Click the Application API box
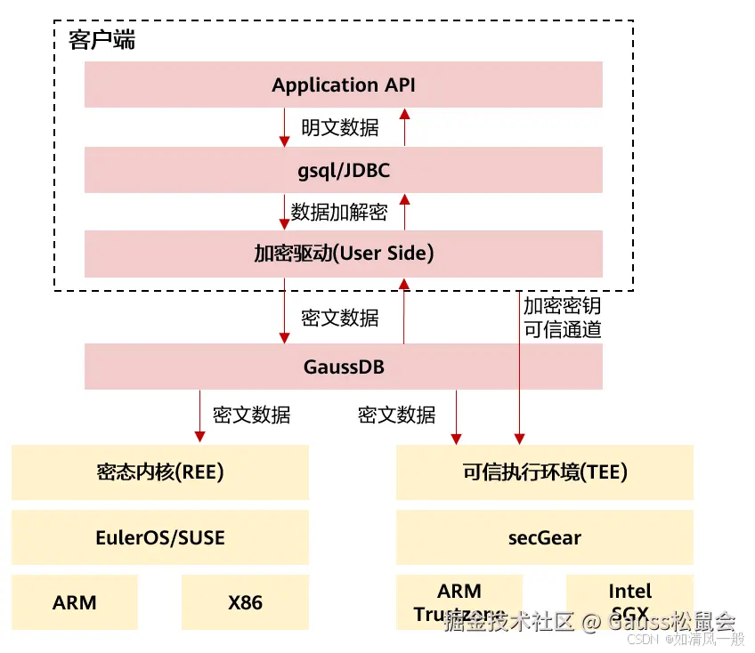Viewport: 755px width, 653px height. pyautogui.click(x=344, y=85)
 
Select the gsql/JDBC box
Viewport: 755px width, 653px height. pyautogui.click(x=344, y=169)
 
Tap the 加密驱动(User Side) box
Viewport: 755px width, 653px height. pyautogui.click(x=344, y=254)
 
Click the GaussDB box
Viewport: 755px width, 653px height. pyautogui.click(x=344, y=367)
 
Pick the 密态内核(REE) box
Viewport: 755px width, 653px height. pyautogui.click(x=160, y=472)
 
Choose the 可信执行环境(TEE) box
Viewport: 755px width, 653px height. pyautogui.click(x=545, y=472)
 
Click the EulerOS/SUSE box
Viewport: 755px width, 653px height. pyautogui.click(x=160, y=537)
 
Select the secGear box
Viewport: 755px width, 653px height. pyautogui.click(x=545, y=537)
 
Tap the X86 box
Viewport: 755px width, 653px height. pyautogui.click(x=245, y=602)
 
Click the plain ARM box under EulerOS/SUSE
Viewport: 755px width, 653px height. pyautogui.click(x=75, y=602)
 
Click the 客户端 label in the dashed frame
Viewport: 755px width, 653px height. pyautogui.click(x=102, y=41)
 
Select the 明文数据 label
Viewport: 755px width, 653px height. pyautogui.click(x=340, y=127)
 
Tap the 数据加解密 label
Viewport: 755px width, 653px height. pyautogui.click(x=339, y=212)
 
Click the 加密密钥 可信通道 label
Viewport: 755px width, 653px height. pyautogui.click(x=562, y=318)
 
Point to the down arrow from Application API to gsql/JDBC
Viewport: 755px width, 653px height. pyautogui.click(x=285, y=127)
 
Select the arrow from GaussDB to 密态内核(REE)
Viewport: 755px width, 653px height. pyautogui.click(x=198, y=416)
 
